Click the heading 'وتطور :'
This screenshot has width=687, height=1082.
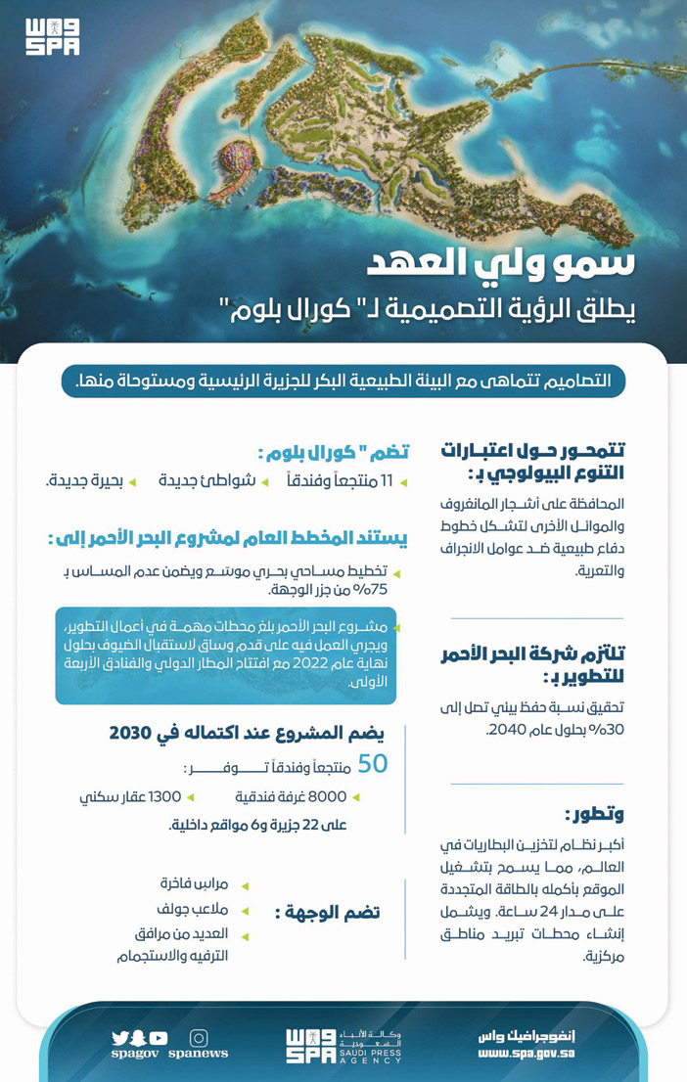pos(594,813)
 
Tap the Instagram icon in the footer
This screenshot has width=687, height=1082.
pos(199,1037)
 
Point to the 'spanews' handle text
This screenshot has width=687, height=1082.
pos(199,1055)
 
